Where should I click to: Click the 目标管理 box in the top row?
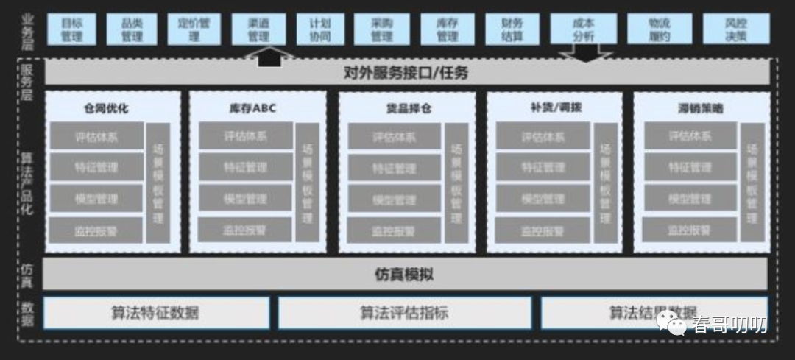point(71,29)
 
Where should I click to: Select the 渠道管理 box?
point(258,29)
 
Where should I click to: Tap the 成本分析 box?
point(583,29)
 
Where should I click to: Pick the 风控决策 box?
point(735,29)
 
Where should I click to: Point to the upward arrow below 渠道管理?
point(269,54)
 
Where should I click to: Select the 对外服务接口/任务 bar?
point(406,73)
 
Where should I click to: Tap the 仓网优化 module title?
point(106,108)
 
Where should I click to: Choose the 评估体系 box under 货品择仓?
point(394,136)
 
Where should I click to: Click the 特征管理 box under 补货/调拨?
point(543,167)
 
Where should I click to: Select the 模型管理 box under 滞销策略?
point(690,199)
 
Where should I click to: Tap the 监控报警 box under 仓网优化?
point(96,230)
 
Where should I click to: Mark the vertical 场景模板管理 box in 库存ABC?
point(307,183)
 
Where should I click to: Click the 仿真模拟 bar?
point(406,275)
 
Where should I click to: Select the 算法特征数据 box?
point(155,312)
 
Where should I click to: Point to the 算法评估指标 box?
point(404,312)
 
